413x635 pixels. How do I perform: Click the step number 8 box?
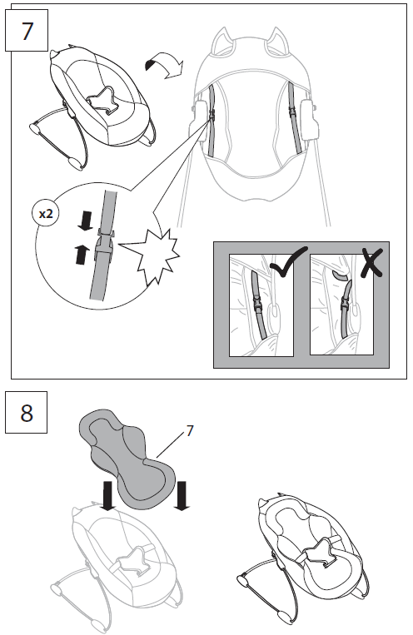27,412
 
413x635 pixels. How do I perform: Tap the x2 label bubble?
47,212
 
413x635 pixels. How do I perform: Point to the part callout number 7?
190,430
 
